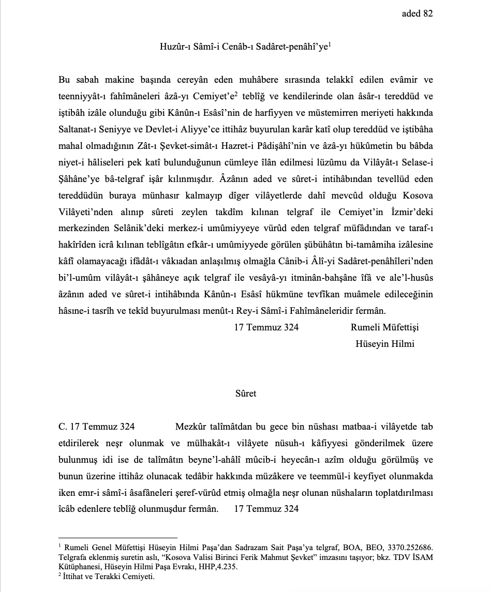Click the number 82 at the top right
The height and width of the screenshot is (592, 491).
[x=428, y=14]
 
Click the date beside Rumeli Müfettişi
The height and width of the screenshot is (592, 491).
[x=266, y=327]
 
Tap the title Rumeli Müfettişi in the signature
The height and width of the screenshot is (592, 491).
[x=384, y=327]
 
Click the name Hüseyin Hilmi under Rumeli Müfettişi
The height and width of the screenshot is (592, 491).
[x=385, y=344]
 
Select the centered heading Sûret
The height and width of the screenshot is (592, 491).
[x=246, y=393]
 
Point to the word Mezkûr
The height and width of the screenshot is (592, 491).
[x=191, y=427]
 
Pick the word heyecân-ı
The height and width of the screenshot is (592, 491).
[x=314, y=460]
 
